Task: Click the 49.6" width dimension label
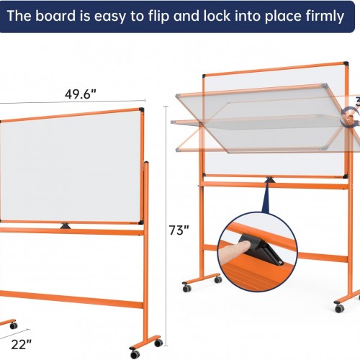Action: click(81, 94)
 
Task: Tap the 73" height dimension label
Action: click(179, 230)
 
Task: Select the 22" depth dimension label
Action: click(22, 344)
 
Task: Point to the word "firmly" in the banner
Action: click(325, 17)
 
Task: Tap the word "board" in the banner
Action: click(55, 16)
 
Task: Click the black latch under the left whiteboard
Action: click(66, 226)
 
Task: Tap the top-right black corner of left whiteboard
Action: click(141, 110)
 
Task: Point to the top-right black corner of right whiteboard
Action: click(346, 64)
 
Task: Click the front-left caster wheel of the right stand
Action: click(187, 288)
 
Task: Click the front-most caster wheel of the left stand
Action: click(135, 354)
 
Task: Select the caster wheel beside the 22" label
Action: click(14, 325)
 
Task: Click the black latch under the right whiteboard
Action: click(269, 179)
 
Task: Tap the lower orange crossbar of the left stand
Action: click(71, 299)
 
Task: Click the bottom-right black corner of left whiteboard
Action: click(141, 222)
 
